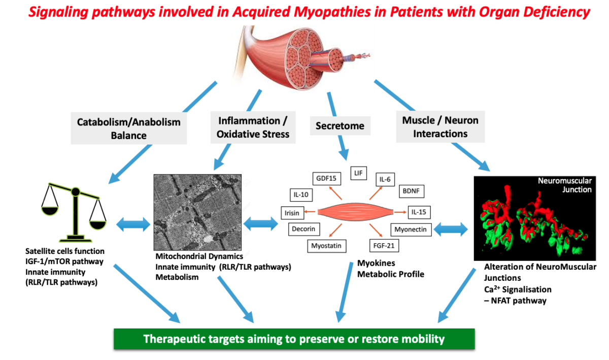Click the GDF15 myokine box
tap(326, 178)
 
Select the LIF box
tap(359, 173)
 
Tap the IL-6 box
tap(385, 179)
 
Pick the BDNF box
tap(412, 191)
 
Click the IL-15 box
tap(419, 211)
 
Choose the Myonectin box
tap(411, 230)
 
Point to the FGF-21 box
tap(383, 246)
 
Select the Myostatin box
tap(327, 246)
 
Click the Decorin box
tap(303, 229)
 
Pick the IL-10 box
tap(302, 194)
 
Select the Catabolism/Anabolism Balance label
tap(128, 128)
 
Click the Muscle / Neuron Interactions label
tap(440, 127)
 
